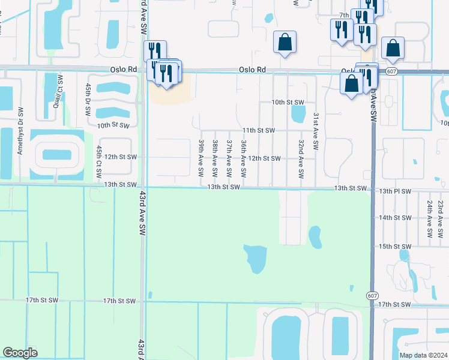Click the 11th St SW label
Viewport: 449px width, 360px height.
click(x=258, y=130)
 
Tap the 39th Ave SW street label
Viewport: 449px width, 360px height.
click(x=201, y=154)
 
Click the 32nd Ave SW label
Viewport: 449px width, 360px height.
click(x=301, y=154)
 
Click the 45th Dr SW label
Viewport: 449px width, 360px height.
click(x=88, y=100)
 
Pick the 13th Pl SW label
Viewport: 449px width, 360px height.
click(x=396, y=191)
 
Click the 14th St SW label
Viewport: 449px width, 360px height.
click(x=395, y=218)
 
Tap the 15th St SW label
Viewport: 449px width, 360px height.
click(x=395, y=247)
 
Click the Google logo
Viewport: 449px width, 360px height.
click(x=20, y=353)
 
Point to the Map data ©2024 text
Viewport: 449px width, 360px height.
click(x=423, y=355)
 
